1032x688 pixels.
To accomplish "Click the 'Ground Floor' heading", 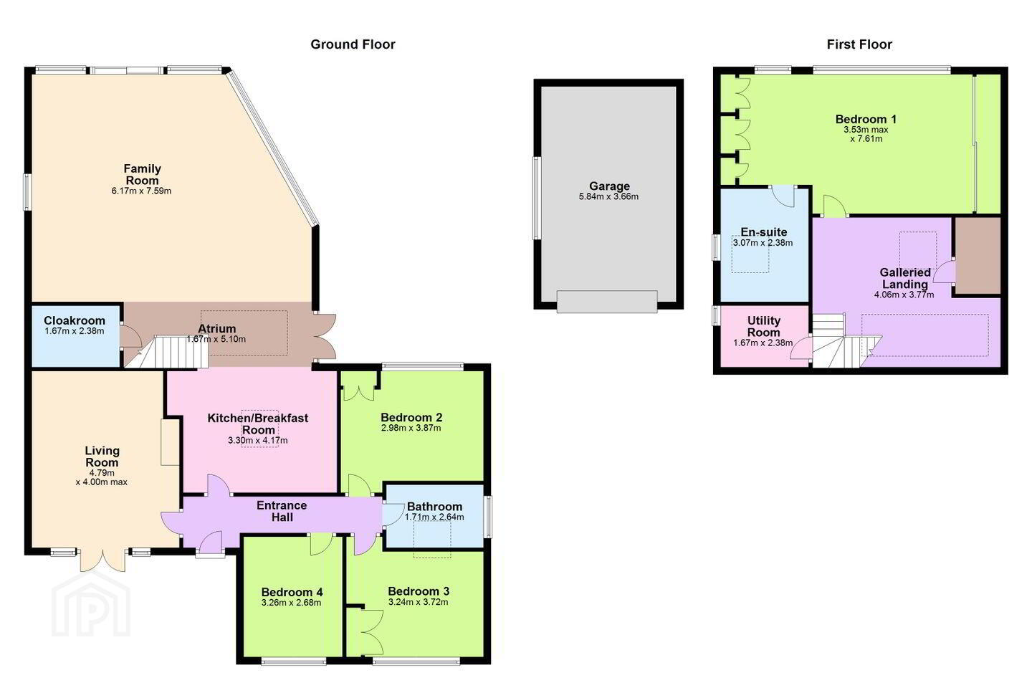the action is [x=353, y=44].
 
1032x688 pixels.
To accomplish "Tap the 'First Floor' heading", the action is [x=859, y=44].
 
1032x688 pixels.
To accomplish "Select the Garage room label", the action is [x=609, y=186].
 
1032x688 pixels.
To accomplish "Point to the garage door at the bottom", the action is [x=607, y=302].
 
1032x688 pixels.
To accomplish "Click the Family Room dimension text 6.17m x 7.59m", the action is [x=141, y=191].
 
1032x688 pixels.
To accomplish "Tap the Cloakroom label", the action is [x=75, y=320].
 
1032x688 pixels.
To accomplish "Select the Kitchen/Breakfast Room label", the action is [x=258, y=424].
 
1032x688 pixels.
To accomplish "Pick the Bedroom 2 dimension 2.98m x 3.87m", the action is [x=411, y=428].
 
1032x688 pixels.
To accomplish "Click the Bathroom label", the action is [x=434, y=507].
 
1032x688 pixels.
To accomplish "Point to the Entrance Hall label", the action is [x=282, y=511].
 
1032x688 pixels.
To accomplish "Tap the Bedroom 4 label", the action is [x=292, y=592].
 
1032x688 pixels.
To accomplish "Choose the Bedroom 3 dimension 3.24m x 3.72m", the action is [x=419, y=602].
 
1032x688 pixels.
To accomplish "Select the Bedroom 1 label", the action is [x=866, y=120].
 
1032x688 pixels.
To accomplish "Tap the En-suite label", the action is [x=764, y=231].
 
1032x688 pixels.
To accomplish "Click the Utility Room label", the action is [x=763, y=326].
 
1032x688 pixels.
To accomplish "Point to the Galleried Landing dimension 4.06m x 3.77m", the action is [x=904, y=295].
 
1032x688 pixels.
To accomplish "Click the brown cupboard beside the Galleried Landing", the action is [x=978, y=256].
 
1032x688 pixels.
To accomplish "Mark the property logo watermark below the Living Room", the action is [x=91, y=605].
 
